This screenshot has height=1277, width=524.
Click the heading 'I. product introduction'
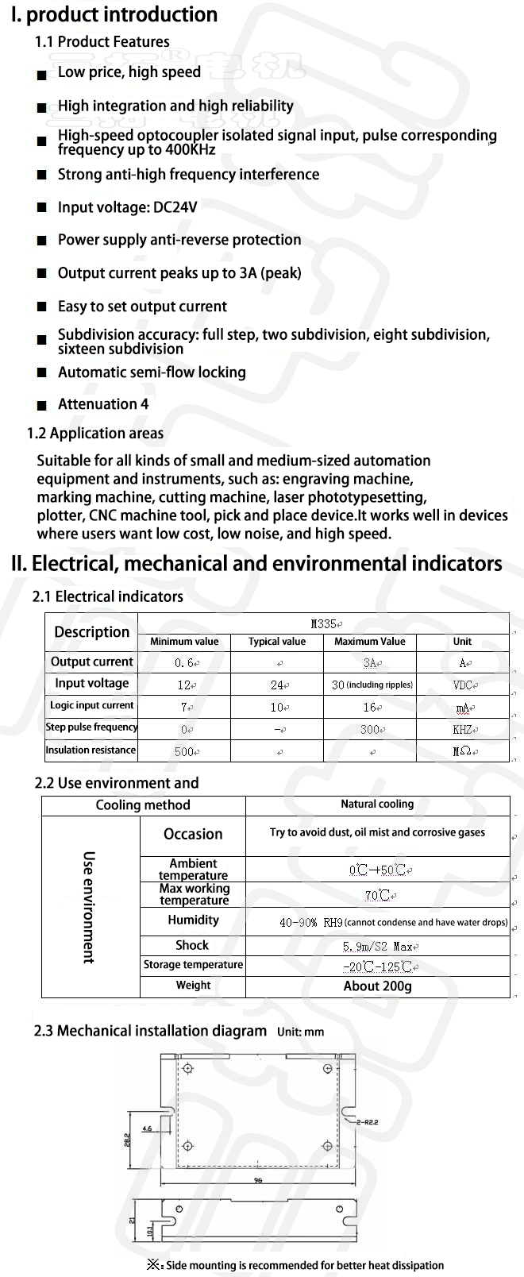114,15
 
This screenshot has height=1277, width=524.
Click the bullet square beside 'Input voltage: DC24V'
41,208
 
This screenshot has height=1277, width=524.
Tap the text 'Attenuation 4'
103,404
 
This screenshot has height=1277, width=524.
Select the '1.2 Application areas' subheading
95,434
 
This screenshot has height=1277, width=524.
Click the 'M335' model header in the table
323,624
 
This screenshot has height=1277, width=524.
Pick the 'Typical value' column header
276,642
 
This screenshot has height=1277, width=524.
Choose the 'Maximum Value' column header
369,642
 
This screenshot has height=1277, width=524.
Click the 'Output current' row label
92,662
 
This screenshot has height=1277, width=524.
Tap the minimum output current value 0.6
185,663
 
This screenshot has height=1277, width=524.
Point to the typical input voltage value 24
277,685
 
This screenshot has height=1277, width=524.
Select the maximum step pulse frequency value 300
370,729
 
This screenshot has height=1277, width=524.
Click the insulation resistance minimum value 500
185,751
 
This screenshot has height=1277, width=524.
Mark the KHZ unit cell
462,729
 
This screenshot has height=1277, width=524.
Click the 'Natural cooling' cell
377,804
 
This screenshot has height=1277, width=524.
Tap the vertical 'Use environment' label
89,907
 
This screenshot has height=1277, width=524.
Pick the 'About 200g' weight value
377,986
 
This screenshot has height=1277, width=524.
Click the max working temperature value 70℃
378,896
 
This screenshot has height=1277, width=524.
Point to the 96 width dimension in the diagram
258,1181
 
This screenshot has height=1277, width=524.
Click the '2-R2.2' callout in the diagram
368,1122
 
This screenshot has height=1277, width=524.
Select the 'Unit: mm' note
301,1032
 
